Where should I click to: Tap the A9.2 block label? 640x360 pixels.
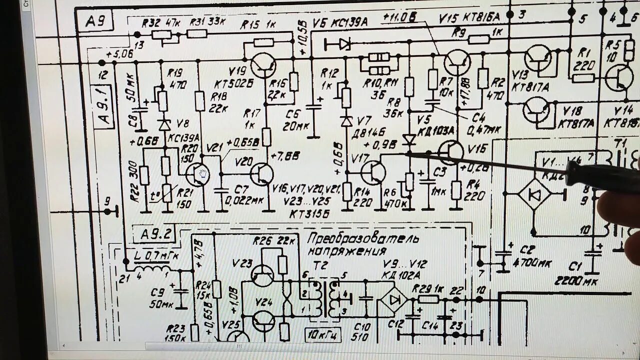point(150,233)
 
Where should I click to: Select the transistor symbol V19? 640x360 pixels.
point(263,64)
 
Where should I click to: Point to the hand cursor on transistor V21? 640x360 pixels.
point(203,173)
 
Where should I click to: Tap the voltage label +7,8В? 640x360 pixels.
point(285,156)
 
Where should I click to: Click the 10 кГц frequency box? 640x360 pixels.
point(322,333)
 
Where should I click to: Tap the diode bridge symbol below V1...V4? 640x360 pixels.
point(534,193)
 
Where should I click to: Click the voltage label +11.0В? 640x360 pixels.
point(399,17)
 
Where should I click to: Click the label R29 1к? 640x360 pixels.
point(428,289)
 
